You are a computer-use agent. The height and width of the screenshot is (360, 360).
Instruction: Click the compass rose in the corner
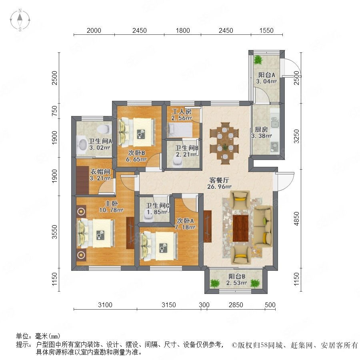(x=20, y=20)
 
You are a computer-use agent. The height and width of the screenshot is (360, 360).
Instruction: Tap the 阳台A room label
(x=266, y=75)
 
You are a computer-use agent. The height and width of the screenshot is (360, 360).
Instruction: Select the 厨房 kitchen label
(x=261, y=130)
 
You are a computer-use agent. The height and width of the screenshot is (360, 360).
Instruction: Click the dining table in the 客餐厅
(x=224, y=143)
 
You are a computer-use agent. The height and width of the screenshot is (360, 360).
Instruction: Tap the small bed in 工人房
(x=180, y=130)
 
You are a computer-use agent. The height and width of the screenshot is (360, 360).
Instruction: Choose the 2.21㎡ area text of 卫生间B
(x=186, y=154)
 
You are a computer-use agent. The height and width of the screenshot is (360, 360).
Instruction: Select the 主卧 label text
(x=111, y=204)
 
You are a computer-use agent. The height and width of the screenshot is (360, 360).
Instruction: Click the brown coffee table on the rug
(x=241, y=228)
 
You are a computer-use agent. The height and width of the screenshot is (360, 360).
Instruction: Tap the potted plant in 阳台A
(x=258, y=60)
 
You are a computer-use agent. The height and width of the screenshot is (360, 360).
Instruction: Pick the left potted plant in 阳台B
(x=215, y=283)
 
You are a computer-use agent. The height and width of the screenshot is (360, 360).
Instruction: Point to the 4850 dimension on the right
(x=297, y=218)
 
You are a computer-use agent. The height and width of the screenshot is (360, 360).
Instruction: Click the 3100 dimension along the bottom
(x=105, y=305)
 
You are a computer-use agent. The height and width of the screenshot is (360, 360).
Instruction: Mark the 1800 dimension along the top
(x=183, y=30)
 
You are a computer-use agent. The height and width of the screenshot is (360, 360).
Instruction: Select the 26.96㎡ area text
(x=219, y=187)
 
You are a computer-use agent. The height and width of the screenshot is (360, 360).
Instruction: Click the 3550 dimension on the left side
(x=54, y=232)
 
